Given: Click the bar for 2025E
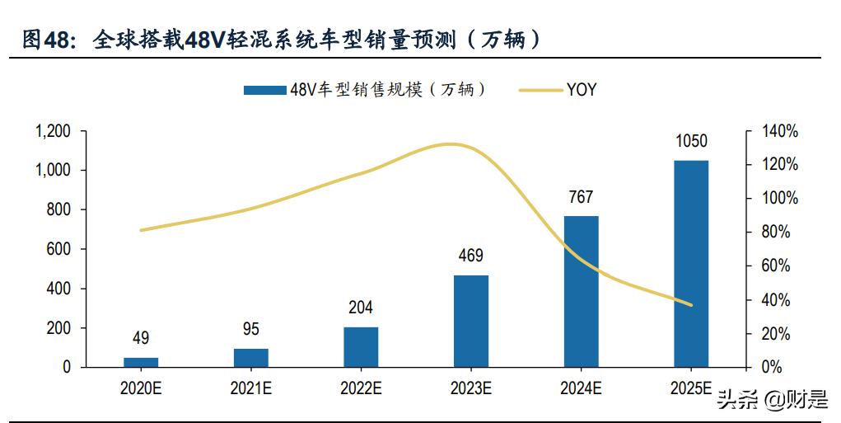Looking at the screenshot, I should (x=690, y=264).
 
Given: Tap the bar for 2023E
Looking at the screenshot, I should (x=471, y=321).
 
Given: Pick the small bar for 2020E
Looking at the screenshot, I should (x=141, y=362).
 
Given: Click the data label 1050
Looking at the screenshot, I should (x=690, y=141).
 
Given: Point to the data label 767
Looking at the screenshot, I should (x=581, y=197).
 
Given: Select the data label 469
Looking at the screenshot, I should (x=471, y=256).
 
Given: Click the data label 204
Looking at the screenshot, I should (x=361, y=308).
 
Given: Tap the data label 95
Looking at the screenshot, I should (x=251, y=329).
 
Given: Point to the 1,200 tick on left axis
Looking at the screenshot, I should (x=54, y=131).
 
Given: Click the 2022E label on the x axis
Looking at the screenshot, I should (x=361, y=388).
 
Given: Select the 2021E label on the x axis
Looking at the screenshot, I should (x=251, y=388).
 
